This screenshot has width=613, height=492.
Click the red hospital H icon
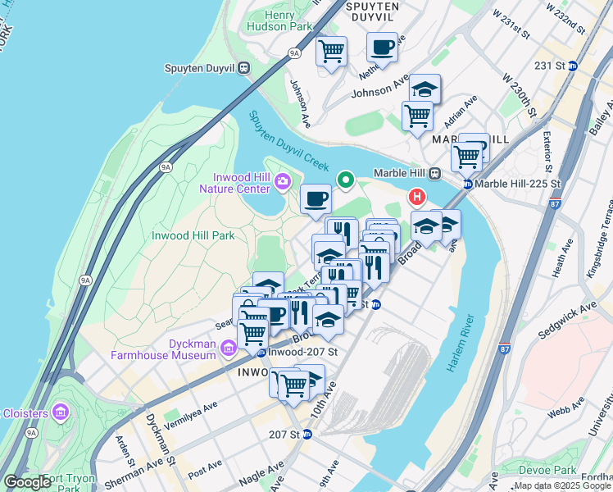click(417, 198)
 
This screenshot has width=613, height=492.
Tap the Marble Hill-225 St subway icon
click(467, 184)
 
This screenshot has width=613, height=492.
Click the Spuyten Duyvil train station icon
click(244, 69)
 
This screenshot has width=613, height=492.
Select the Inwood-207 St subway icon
click(261, 353)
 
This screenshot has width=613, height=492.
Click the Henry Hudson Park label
click(280, 20)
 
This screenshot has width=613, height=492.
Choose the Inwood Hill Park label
click(193, 235)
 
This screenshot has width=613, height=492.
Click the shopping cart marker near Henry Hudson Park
click(331, 52)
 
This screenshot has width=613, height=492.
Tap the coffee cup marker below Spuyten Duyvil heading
click(382, 47)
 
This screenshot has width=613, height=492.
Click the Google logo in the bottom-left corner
click(27, 481)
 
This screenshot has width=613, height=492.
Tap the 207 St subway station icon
click(307, 433)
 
